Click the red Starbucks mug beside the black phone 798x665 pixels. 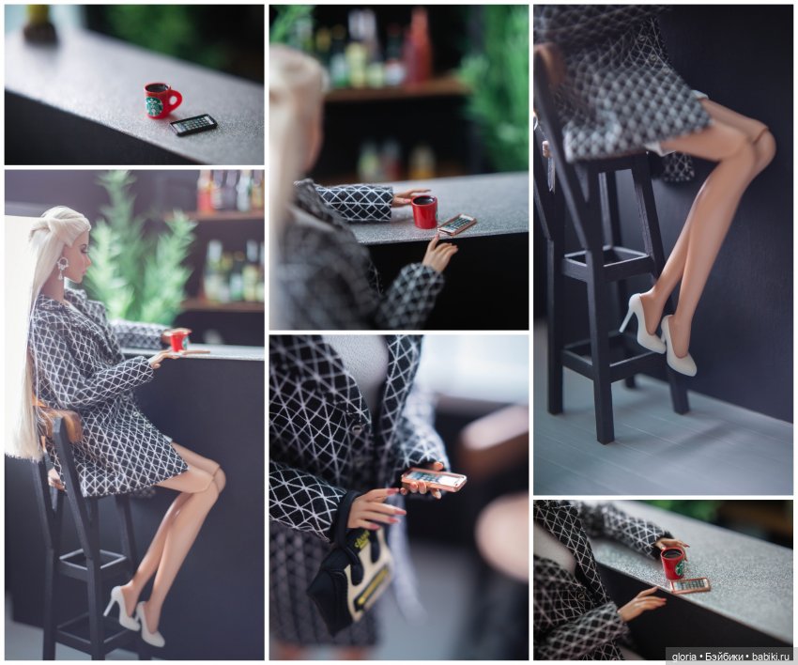coord(161,101)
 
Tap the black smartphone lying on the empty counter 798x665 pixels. coord(193,125)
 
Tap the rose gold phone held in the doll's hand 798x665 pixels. coord(433,480)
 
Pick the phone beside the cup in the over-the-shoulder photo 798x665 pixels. coord(456,224)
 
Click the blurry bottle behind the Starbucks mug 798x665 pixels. coord(39,23)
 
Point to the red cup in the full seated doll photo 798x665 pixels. coord(179,340)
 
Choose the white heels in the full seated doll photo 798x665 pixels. coord(134,616)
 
